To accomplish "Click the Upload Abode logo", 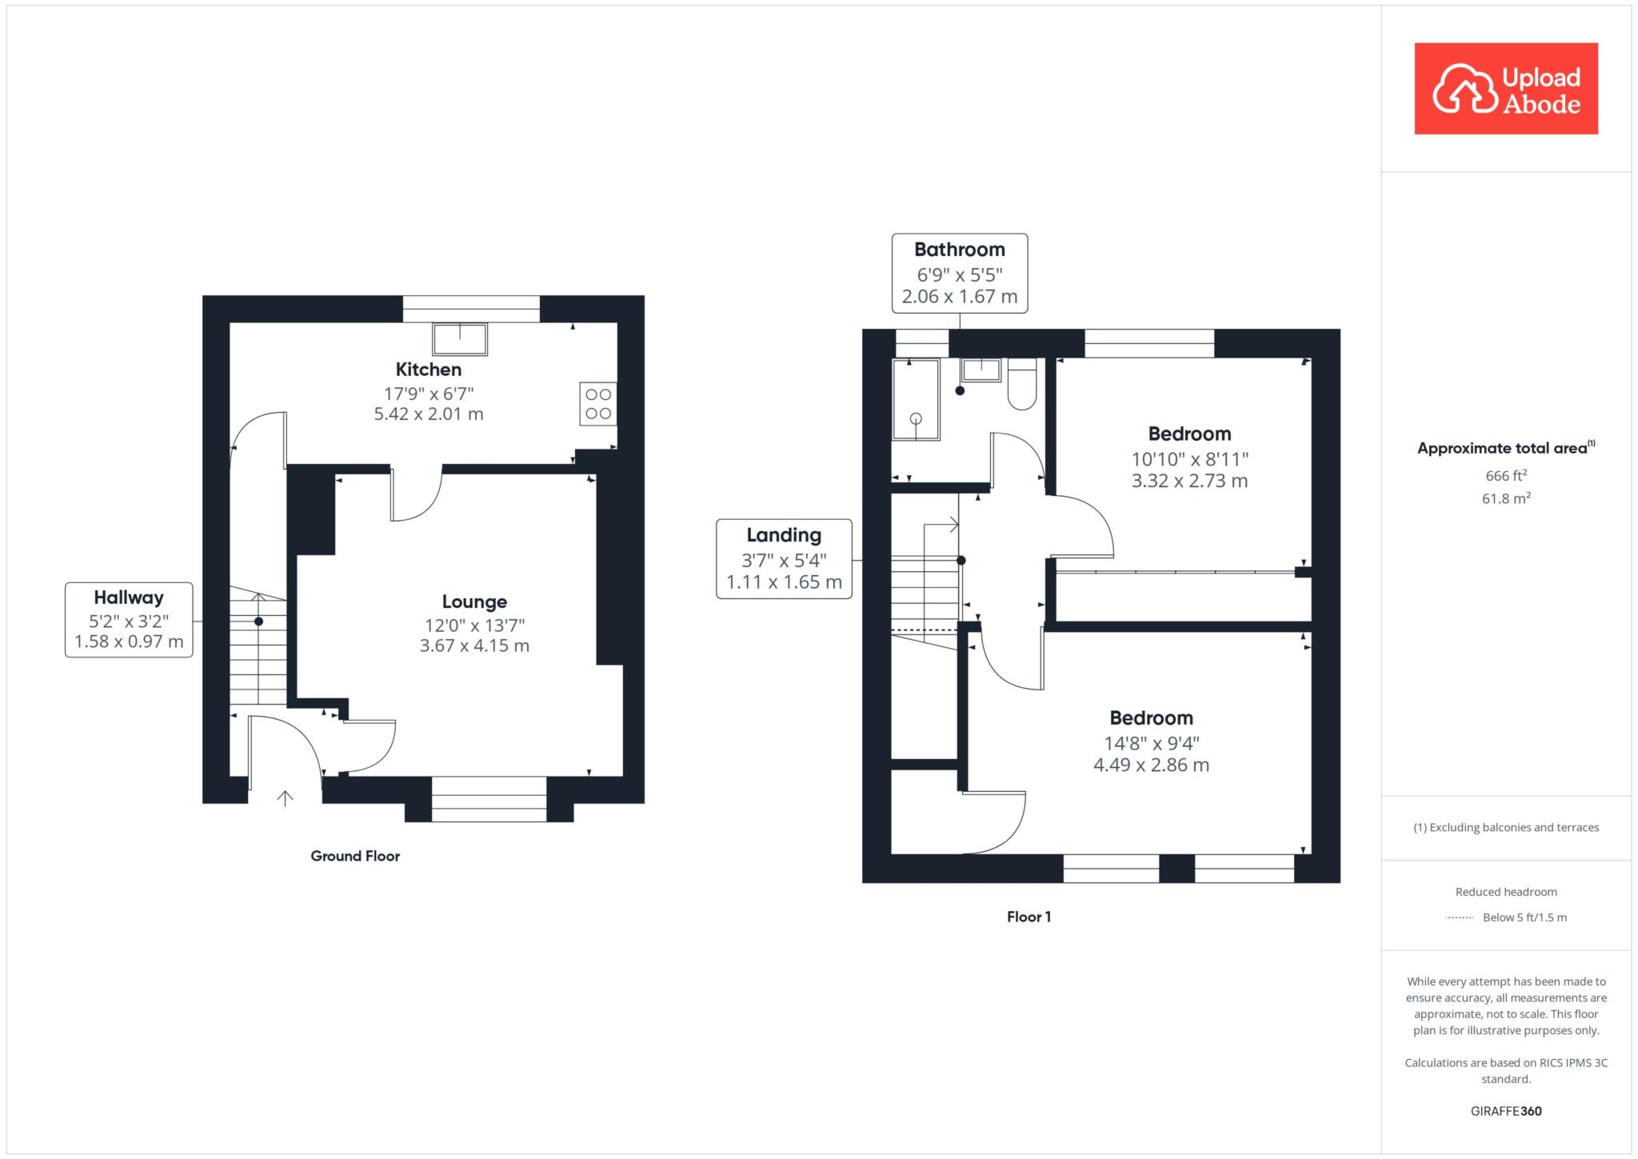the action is [x=1506, y=89].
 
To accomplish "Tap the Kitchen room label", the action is [x=429, y=370].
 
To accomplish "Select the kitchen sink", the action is [x=460, y=339].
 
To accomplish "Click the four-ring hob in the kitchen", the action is [x=598, y=404].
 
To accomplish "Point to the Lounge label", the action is [x=474, y=601].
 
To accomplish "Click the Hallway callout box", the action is [x=129, y=620].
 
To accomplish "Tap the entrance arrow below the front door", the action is [x=285, y=797].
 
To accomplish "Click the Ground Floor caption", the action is [x=355, y=856].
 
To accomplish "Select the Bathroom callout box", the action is [x=960, y=273].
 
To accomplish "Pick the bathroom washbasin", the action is [x=981, y=370].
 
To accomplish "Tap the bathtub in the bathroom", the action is [x=917, y=399].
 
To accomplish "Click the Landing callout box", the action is [x=784, y=558].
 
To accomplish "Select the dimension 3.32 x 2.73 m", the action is [x=1189, y=481].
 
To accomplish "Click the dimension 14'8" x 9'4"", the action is [x=1152, y=744].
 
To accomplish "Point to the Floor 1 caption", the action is [x=1029, y=917].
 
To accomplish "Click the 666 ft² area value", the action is [x=1506, y=475].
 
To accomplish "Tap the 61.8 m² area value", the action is [x=1506, y=498].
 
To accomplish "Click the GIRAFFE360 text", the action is [x=1506, y=1111].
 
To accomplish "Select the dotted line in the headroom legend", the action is [x=1460, y=918].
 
